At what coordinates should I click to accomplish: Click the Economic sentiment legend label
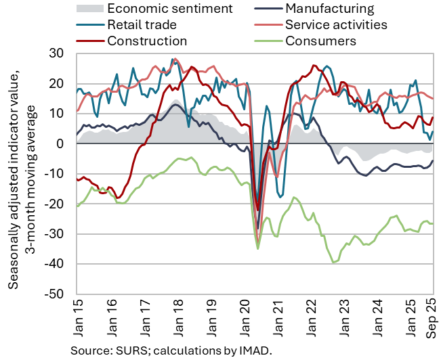(x=170, y=9)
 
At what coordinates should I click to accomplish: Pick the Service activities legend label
(x=345, y=25)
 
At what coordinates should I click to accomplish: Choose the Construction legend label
(x=146, y=41)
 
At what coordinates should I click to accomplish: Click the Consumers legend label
(x=320, y=41)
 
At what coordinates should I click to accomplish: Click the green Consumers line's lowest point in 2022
(x=333, y=263)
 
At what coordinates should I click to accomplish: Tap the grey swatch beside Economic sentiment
(x=89, y=9)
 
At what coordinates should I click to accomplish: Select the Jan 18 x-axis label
(x=178, y=320)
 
